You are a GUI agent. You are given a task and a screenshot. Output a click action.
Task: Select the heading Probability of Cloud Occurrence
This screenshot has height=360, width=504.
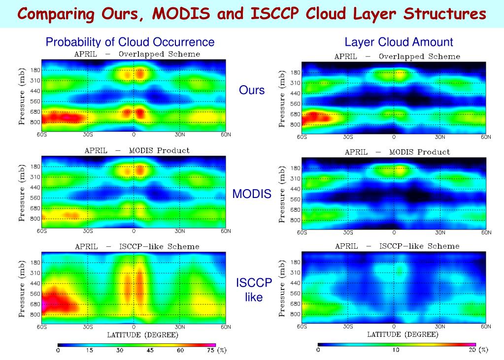tap(130, 42)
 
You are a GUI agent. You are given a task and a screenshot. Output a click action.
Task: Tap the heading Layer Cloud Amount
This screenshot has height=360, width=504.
tap(399, 42)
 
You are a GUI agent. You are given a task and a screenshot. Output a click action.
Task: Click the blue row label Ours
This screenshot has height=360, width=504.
tap(252, 90)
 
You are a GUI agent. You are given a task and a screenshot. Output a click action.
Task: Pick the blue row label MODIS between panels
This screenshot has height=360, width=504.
tap(252, 194)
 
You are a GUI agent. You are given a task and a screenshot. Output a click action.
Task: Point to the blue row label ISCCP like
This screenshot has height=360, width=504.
tap(254, 290)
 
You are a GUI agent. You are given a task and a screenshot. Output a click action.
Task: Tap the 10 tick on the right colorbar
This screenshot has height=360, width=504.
tap(396, 350)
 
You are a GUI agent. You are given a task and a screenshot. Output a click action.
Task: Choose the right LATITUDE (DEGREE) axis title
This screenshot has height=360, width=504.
tap(402, 335)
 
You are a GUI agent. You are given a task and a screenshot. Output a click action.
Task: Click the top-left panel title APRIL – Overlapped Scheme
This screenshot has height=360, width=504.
tap(137, 54)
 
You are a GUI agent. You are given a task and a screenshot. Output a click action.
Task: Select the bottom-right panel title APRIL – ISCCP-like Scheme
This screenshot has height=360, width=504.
tap(397, 246)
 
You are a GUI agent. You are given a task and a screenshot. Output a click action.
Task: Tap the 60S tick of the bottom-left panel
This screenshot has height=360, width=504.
tap(42, 327)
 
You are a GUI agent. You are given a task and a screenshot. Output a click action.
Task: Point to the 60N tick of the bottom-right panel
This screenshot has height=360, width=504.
tap(486, 327)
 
